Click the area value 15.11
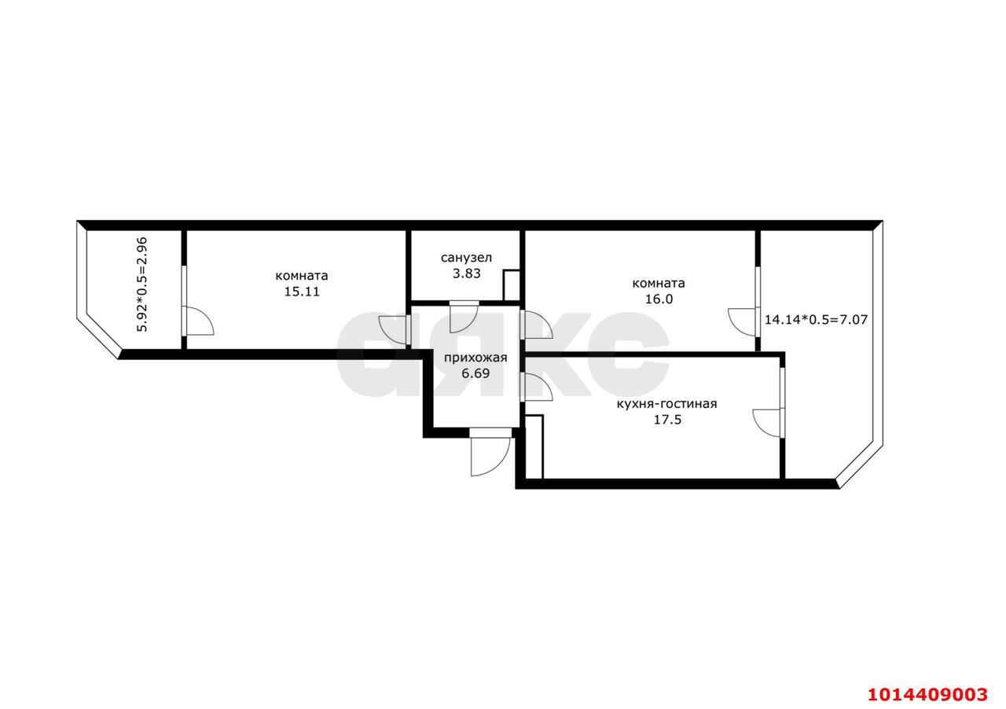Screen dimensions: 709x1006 [302, 291]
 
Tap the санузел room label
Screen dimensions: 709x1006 [466, 258]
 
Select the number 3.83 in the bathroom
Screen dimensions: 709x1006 [466, 274]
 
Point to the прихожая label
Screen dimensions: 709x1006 [475, 358]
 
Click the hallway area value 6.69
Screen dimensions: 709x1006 [475, 374]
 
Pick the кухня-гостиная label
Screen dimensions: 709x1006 [666, 404]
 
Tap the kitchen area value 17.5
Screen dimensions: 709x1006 [666, 420]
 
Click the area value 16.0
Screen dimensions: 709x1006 [659, 299]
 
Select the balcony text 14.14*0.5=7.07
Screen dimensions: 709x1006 [816, 320]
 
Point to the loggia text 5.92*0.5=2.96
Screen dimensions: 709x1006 [142, 285]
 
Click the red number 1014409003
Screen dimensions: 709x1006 [927, 694]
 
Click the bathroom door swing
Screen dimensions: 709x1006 [462, 316]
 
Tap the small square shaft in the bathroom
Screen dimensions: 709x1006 [512, 285]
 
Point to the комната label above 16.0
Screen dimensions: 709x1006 [659, 283]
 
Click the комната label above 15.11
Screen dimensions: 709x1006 [302, 276]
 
